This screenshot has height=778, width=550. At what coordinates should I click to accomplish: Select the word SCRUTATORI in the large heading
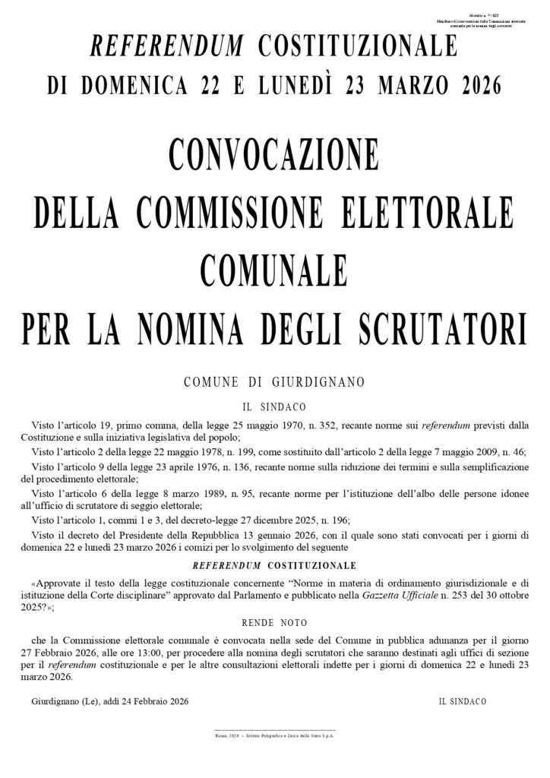tap(443, 330)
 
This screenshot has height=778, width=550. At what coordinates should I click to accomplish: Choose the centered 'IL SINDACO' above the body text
tap(274, 406)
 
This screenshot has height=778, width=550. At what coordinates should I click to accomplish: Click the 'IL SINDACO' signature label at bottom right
tap(462, 701)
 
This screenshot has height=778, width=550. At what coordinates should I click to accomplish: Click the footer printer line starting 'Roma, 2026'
tap(274, 736)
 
